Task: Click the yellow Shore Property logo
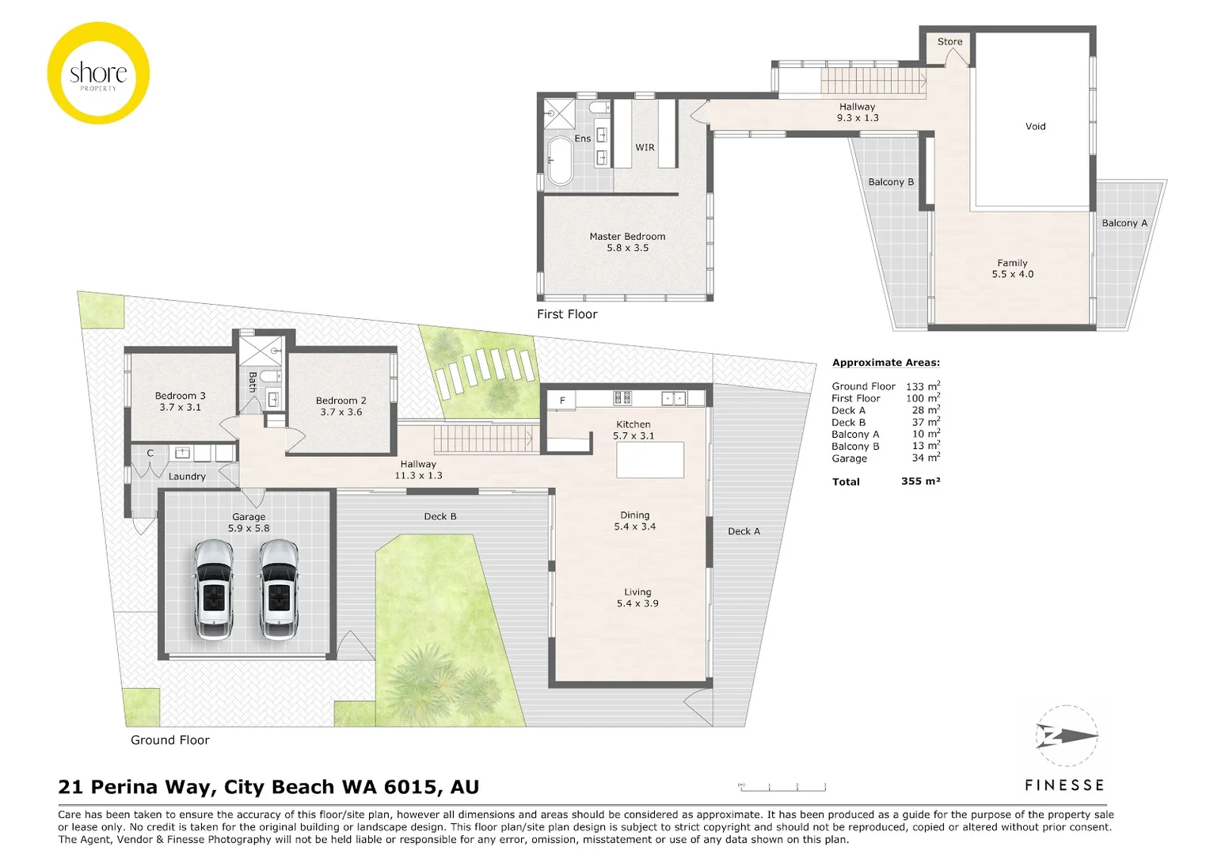[98, 74]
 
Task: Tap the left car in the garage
[213, 589]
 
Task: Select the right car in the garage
[279, 589]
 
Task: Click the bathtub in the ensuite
[561, 161]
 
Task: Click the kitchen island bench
[649, 460]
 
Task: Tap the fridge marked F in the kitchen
[562, 401]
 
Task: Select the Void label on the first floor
[1035, 127]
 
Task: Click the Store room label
[949, 42]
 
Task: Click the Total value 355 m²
[920, 481]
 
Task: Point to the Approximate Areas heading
[885, 363]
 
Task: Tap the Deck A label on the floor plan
[744, 531]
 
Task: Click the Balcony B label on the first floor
[890, 182]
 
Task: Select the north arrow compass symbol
[1066, 736]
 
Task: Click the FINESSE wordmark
[1064, 785]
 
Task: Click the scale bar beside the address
[782, 786]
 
